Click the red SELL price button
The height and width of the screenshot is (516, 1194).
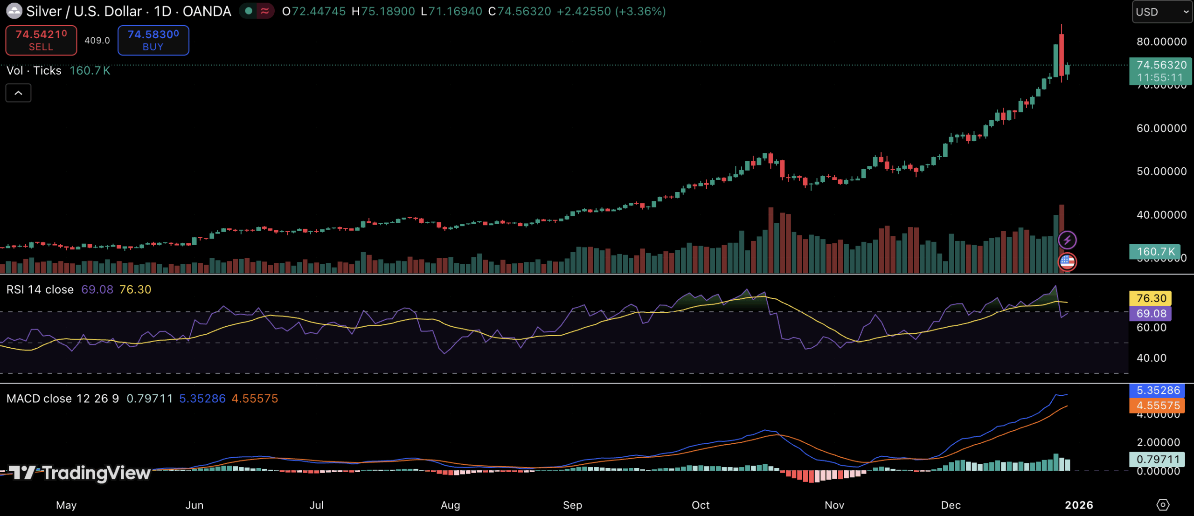41,40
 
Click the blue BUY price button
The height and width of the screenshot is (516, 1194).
153,40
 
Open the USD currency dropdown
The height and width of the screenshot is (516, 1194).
1162,12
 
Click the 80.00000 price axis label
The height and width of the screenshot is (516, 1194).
1161,42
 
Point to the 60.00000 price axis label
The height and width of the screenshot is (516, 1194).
1161,128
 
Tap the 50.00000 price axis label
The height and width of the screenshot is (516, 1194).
1161,172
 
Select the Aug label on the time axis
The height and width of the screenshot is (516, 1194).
450,505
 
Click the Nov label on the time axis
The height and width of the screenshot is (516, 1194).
834,505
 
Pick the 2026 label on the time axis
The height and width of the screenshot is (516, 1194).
1079,505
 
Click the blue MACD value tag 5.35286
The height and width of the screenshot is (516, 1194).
1158,390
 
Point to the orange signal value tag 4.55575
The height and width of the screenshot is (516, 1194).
1158,406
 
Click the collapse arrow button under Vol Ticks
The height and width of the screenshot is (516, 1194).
18,93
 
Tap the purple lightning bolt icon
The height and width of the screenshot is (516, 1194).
1067,240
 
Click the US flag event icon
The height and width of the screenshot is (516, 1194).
1067,261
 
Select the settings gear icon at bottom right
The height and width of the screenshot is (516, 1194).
1163,505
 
